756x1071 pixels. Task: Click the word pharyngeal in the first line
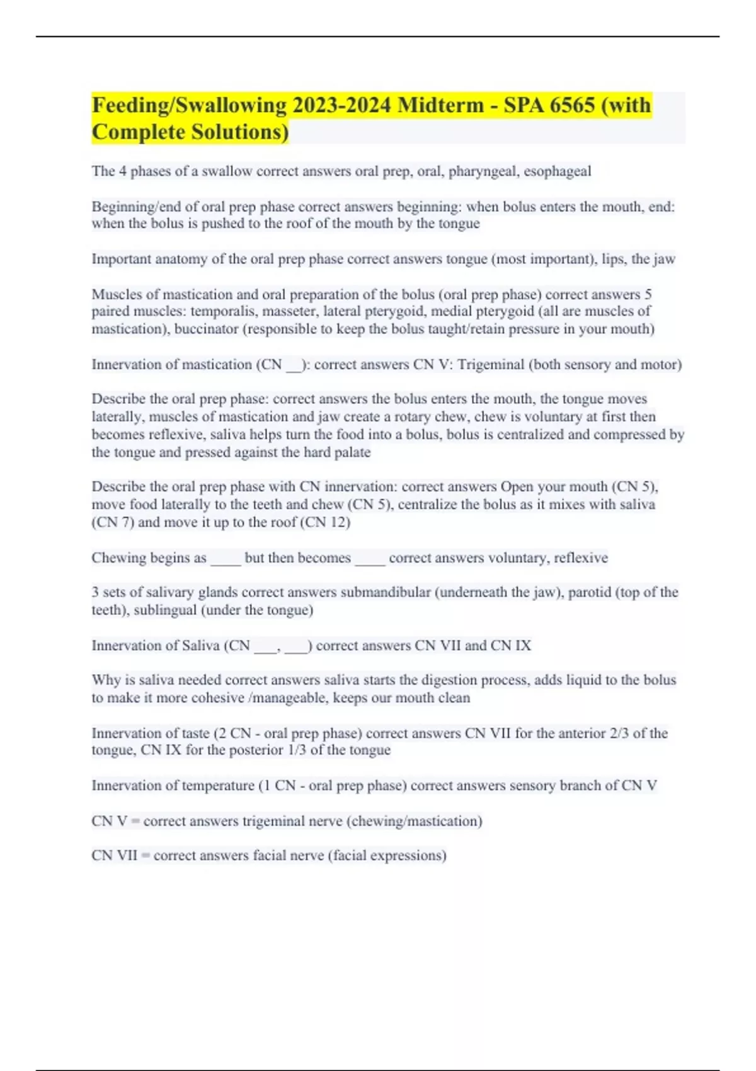tap(482, 171)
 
